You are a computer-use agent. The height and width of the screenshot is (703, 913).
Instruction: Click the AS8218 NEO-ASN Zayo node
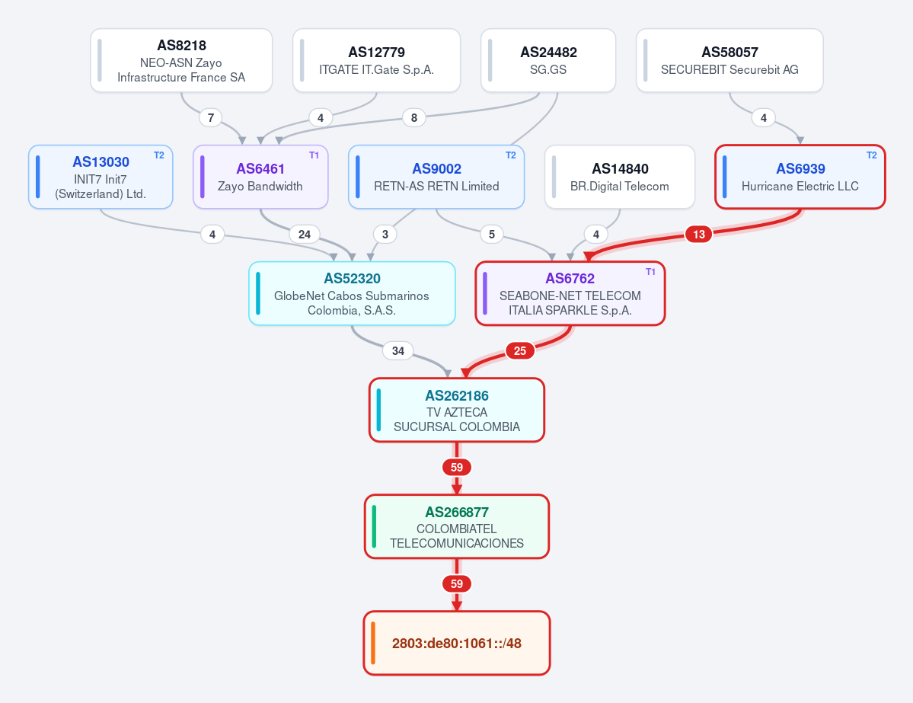(x=181, y=61)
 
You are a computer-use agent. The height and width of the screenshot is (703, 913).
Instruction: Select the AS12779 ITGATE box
(x=376, y=61)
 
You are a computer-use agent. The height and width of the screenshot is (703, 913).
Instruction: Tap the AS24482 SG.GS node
(x=548, y=61)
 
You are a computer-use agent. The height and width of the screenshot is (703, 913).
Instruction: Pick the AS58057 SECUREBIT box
(x=729, y=61)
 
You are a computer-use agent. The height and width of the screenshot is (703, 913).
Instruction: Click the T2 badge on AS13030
(x=159, y=155)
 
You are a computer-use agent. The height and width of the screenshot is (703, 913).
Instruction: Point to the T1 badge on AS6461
(x=314, y=155)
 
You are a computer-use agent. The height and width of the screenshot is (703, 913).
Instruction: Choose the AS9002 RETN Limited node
(x=436, y=177)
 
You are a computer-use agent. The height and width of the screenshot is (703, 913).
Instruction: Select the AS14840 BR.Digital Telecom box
(x=620, y=177)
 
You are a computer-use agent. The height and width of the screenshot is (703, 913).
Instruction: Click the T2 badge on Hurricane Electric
(x=872, y=155)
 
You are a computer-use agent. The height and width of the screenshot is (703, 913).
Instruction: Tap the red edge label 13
(x=699, y=234)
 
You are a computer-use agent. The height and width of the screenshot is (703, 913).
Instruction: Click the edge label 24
(x=305, y=234)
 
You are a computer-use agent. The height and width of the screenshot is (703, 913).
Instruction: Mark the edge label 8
(x=414, y=117)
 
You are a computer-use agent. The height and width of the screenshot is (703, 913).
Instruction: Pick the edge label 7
(x=211, y=117)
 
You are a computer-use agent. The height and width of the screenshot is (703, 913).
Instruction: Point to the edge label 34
(x=398, y=350)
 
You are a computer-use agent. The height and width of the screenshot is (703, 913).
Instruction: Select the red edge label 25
(x=520, y=350)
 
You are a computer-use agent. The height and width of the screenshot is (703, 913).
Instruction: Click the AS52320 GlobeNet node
(x=352, y=293)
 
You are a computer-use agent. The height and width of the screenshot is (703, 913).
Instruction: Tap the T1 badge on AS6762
(x=650, y=272)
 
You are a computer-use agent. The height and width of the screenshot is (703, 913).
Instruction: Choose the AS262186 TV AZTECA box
(x=457, y=410)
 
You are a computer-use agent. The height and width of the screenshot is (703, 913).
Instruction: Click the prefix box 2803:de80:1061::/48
(x=457, y=643)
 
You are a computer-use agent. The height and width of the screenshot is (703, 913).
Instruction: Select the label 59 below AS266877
(x=457, y=583)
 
